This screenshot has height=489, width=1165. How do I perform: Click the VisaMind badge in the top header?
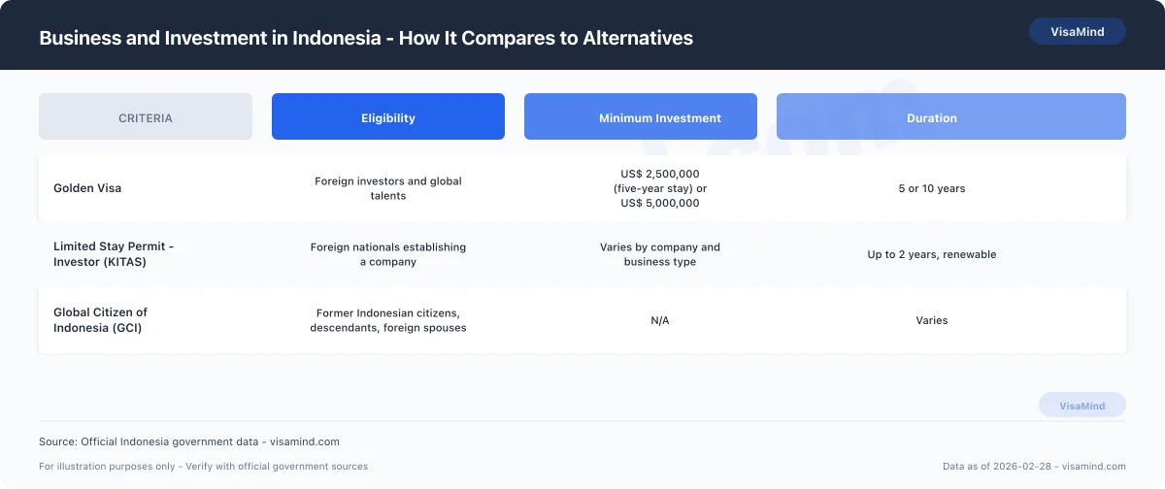[x=1077, y=31]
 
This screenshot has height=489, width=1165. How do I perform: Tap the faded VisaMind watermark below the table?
[x=1082, y=406]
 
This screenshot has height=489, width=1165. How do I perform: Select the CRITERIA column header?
[x=146, y=117]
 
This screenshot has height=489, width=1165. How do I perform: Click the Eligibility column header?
[x=388, y=117]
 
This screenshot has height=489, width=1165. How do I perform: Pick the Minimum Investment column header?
[x=660, y=117]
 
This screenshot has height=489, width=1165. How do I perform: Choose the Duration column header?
[x=932, y=117]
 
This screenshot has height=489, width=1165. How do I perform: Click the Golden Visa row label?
[x=87, y=188]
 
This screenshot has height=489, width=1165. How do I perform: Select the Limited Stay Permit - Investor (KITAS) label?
[x=114, y=254]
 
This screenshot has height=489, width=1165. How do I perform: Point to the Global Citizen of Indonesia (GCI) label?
[x=100, y=320]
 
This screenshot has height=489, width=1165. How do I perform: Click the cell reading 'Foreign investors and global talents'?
[x=388, y=188]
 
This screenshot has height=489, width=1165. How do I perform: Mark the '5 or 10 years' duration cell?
[x=932, y=188]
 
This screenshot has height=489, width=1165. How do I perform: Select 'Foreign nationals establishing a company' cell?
[x=388, y=254]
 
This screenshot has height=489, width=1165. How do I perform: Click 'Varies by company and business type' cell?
[x=660, y=254]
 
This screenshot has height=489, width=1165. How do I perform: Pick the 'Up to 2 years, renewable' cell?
[x=932, y=254]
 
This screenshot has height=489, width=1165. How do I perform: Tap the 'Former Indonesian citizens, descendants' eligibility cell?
[x=388, y=320]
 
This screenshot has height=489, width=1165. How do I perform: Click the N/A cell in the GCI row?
[x=660, y=320]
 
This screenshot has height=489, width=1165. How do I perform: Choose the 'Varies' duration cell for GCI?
[x=932, y=320]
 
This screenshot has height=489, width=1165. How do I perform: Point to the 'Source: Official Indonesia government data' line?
[x=189, y=441]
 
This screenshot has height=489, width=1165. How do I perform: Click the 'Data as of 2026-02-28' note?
[x=1034, y=467]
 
